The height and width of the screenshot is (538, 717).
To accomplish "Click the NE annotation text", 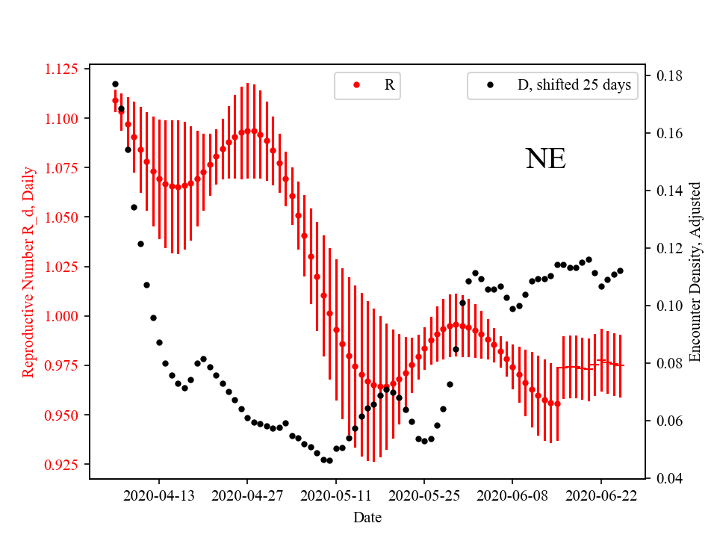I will click(x=545, y=158).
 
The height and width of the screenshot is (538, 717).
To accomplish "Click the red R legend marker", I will click(x=356, y=85).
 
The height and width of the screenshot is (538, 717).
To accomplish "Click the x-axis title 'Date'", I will click(x=367, y=516).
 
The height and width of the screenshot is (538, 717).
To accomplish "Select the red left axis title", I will click(x=28, y=271).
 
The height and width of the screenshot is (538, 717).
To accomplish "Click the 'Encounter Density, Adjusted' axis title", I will click(x=695, y=271).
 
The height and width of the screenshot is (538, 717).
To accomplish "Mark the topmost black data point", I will click(x=115, y=84).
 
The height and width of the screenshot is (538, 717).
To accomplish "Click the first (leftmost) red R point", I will click(x=115, y=100).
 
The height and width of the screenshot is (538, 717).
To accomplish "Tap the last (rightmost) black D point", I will click(x=620, y=270).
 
